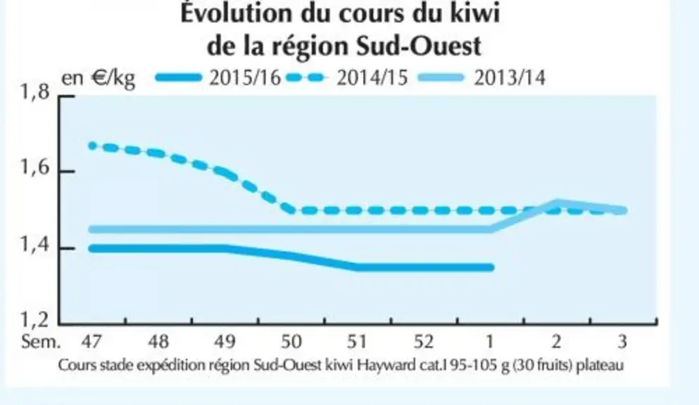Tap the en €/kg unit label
98,78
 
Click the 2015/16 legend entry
218,78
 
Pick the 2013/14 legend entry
481,78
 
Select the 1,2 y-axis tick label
34,319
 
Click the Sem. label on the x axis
41,341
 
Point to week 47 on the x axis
92,341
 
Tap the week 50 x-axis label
291,341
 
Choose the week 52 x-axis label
424,341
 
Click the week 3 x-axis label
623,341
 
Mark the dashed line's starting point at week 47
92,146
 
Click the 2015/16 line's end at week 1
491,267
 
